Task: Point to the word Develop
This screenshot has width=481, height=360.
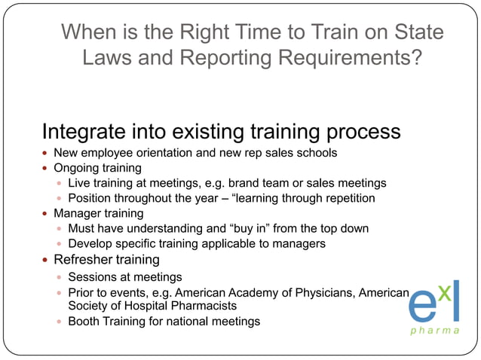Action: [x=91, y=243]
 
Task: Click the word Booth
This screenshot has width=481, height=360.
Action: [x=84, y=321]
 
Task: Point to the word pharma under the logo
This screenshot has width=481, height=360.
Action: [x=437, y=330]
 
